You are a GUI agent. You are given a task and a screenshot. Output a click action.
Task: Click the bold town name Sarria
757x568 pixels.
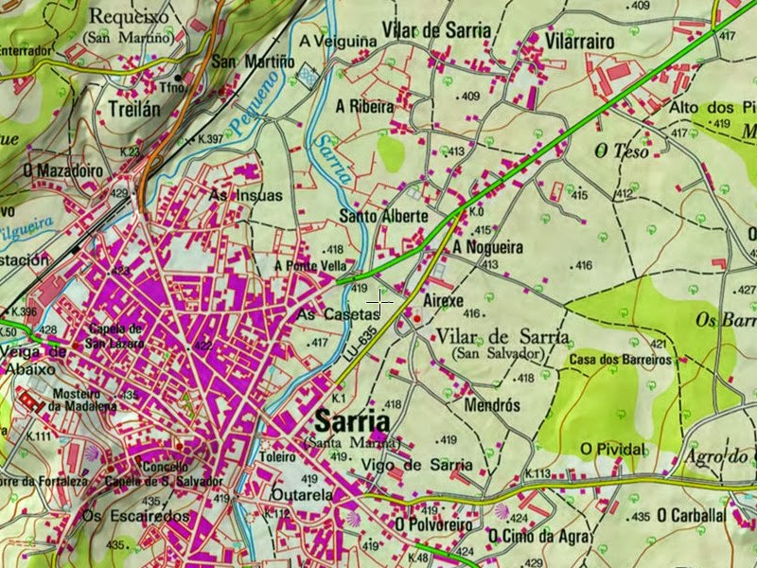353,420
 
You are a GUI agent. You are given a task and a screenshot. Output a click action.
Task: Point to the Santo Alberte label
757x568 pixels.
383,217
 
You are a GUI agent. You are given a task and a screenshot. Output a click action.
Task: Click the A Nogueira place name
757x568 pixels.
487,247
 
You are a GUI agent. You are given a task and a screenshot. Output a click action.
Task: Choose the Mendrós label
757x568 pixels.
493,404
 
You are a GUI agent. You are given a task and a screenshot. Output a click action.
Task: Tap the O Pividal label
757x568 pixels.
612,448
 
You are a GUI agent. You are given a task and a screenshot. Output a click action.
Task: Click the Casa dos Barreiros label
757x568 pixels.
621,361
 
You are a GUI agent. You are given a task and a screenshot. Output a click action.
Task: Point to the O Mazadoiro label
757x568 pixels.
63,170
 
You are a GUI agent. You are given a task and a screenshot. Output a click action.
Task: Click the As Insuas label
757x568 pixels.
245,196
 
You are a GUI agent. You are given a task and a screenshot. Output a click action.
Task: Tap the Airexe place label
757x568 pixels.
443,300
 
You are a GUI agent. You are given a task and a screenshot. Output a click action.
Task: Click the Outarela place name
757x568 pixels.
298,494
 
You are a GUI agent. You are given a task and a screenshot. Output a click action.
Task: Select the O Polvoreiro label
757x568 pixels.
433,523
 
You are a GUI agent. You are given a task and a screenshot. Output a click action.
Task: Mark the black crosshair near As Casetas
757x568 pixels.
379,302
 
